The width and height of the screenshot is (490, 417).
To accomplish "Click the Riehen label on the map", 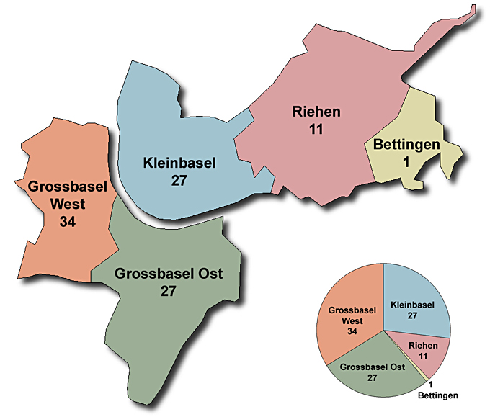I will click(316, 112).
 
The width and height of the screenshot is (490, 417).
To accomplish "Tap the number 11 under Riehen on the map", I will click(316, 130).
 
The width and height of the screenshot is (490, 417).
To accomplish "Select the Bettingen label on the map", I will click(406, 145).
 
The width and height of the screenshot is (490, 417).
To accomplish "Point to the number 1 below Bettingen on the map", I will click(406, 163).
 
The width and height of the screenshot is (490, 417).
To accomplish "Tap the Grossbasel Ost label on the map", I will click(169, 274).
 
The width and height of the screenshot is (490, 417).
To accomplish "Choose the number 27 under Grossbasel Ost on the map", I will click(169, 292).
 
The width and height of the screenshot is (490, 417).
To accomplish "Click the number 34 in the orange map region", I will click(68, 221).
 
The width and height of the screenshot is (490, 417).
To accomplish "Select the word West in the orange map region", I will click(68, 204).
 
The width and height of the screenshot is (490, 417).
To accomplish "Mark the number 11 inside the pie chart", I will click(423, 356).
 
